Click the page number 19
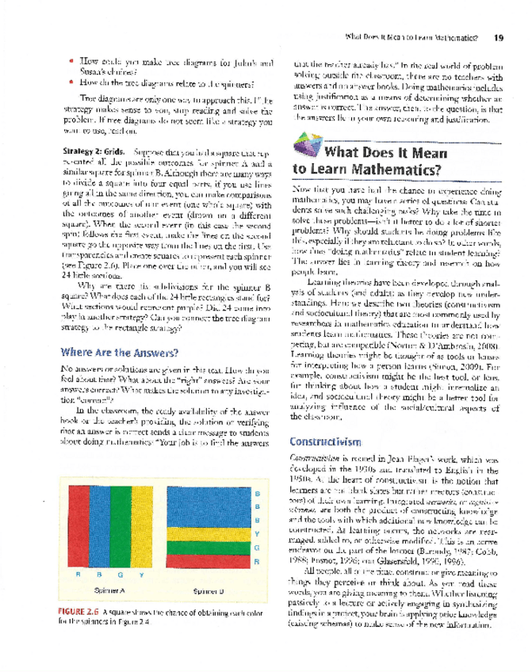pos(497,37)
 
